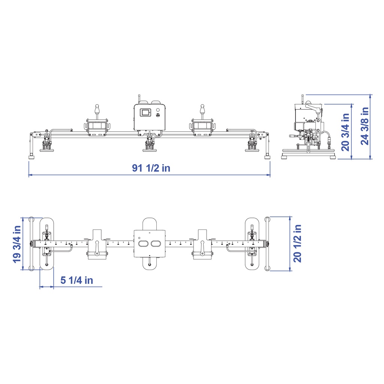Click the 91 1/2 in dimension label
(151, 168)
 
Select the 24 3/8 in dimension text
(364, 126)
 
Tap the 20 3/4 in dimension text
(345, 132)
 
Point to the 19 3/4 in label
(17, 244)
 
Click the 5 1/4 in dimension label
(76, 280)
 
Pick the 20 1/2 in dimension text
(297, 243)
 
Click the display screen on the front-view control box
(146, 112)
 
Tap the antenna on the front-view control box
(139, 99)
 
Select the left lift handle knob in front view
(97, 108)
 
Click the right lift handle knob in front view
(202, 108)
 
